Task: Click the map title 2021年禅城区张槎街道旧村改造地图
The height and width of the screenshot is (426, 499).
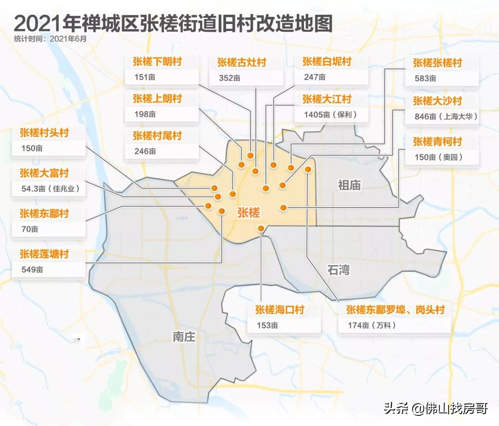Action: point(173,23)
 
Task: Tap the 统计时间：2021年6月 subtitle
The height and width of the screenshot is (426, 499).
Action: point(50,39)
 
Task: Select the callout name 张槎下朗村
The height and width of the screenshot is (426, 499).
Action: point(157,62)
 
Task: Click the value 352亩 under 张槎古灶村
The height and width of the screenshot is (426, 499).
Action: point(230,78)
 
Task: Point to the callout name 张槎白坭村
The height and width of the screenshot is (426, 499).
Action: point(327,61)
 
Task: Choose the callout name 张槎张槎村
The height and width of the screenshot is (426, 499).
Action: point(438,63)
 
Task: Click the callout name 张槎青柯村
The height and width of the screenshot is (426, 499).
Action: point(438,141)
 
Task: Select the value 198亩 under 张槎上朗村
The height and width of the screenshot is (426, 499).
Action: point(145,114)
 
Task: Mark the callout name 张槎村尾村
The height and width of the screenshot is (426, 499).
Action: point(157,136)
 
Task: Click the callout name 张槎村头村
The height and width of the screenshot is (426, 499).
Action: point(44,133)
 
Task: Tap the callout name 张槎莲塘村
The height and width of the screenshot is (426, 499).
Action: point(44,254)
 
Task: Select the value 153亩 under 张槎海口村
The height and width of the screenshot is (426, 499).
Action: point(268,325)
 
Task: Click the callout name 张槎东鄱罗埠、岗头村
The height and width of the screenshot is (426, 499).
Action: point(395,310)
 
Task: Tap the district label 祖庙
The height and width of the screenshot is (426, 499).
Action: point(349,186)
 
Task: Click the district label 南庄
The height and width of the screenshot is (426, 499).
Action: point(184,337)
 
